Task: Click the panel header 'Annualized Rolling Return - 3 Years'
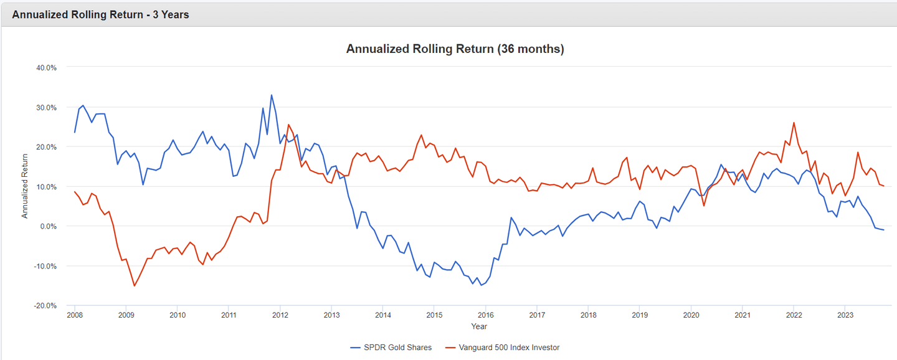pos(100,14)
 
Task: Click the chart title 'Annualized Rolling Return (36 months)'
pos(455,49)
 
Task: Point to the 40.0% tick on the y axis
pos(45,67)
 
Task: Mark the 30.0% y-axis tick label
pos(45,107)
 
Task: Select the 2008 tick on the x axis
pos(75,316)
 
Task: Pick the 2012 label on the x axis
pos(280,316)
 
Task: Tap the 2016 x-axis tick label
pos(485,316)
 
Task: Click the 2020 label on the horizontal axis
pos(690,316)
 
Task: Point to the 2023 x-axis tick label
pos(844,316)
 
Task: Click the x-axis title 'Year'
pos(479,326)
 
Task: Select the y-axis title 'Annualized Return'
pos(26,186)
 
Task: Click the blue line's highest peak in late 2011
pos(272,95)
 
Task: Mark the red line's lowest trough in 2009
pos(134,286)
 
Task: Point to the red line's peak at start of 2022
pos(794,123)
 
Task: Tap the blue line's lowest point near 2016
pos(481,285)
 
